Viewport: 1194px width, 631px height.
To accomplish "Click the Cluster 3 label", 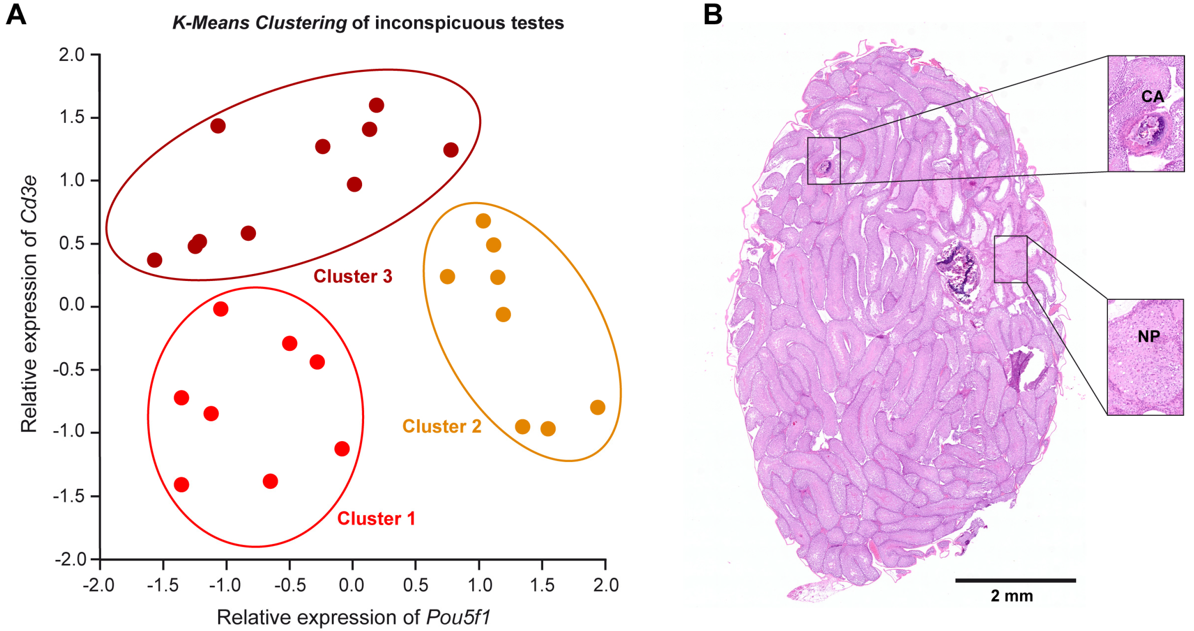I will (x=353, y=276).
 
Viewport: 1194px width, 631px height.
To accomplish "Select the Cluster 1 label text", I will (x=376, y=518).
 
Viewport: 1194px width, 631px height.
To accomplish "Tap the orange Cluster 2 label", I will (x=441, y=426).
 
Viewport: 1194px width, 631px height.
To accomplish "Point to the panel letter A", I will (x=16, y=15).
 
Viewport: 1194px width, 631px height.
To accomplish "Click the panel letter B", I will (x=712, y=15).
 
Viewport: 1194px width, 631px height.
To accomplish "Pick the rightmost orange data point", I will (x=598, y=408).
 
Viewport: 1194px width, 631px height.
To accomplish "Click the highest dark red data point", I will (x=376, y=105).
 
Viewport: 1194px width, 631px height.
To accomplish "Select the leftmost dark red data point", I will (x=154, y=260).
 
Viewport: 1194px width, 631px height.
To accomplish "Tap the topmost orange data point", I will (x=483, y=221).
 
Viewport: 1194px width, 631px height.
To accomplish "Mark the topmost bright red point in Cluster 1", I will (x=220, y=309).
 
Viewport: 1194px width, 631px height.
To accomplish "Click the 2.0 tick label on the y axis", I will (x=71, y=55).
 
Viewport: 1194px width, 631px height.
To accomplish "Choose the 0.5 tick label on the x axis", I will (x=415, y=586).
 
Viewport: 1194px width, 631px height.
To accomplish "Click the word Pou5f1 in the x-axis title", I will (x=458, y=617).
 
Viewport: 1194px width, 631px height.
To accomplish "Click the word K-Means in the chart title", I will (x=211, y=23).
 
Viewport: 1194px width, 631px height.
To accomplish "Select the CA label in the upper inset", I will (x=1152, y=96).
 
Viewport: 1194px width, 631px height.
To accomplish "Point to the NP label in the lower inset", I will (x=1149, y=336).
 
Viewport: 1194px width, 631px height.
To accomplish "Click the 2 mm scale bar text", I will (x=1012, y=596).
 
